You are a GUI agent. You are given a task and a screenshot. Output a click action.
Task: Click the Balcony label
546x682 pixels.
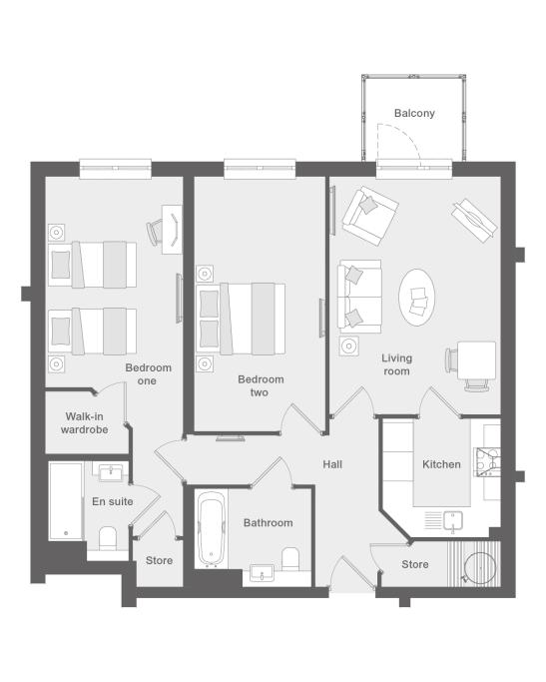[414, 113]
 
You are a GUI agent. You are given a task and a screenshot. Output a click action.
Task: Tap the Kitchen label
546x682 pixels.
[441, 464]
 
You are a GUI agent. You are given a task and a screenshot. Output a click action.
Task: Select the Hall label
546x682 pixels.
[332, 464]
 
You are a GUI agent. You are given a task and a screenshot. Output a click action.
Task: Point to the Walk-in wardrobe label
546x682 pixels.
[84, 422]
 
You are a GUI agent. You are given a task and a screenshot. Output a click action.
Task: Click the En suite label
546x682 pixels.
[112, 501]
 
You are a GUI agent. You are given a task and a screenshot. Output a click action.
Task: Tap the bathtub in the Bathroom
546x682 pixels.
[212, 529]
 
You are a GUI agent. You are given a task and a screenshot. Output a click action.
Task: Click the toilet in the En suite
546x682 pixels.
[108, 538]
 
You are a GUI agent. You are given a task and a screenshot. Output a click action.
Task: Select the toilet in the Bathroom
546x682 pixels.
[290, 558]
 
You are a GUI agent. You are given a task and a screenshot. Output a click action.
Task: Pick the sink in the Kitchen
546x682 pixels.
[452, 521]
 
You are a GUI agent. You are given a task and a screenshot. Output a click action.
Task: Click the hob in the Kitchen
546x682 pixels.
[488, 462]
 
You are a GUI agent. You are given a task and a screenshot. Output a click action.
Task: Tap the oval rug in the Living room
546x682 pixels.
[416, 298]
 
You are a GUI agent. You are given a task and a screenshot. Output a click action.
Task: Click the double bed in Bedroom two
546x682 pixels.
[241, 319]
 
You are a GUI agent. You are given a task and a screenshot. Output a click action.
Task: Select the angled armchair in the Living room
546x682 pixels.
[370, 216]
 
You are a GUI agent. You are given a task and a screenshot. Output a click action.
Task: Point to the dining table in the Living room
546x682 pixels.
[476, 360]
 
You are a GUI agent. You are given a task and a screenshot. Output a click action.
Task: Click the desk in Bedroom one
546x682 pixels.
[172, 230]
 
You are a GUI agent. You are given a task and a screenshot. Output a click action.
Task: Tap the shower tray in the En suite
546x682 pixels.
[66, 501]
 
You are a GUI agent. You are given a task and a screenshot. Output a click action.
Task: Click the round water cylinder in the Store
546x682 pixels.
[479, 568]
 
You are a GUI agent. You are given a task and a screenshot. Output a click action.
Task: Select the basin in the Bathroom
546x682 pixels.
[262, 573]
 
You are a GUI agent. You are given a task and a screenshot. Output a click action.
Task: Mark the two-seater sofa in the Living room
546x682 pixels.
[360, 297]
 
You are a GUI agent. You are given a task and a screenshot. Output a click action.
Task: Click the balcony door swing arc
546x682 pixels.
[405, 136]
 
